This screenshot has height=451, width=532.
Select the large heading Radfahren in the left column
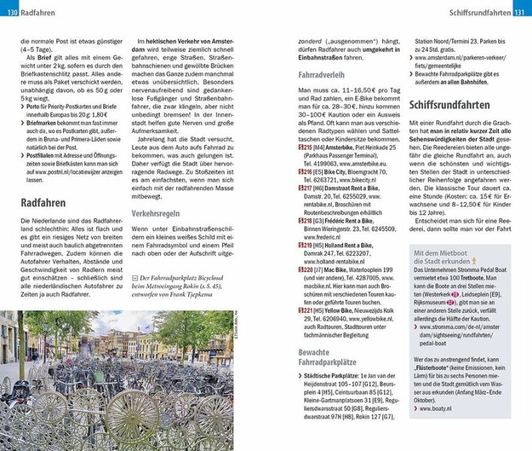coord(44,203)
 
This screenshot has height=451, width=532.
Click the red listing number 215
coord(284,148)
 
